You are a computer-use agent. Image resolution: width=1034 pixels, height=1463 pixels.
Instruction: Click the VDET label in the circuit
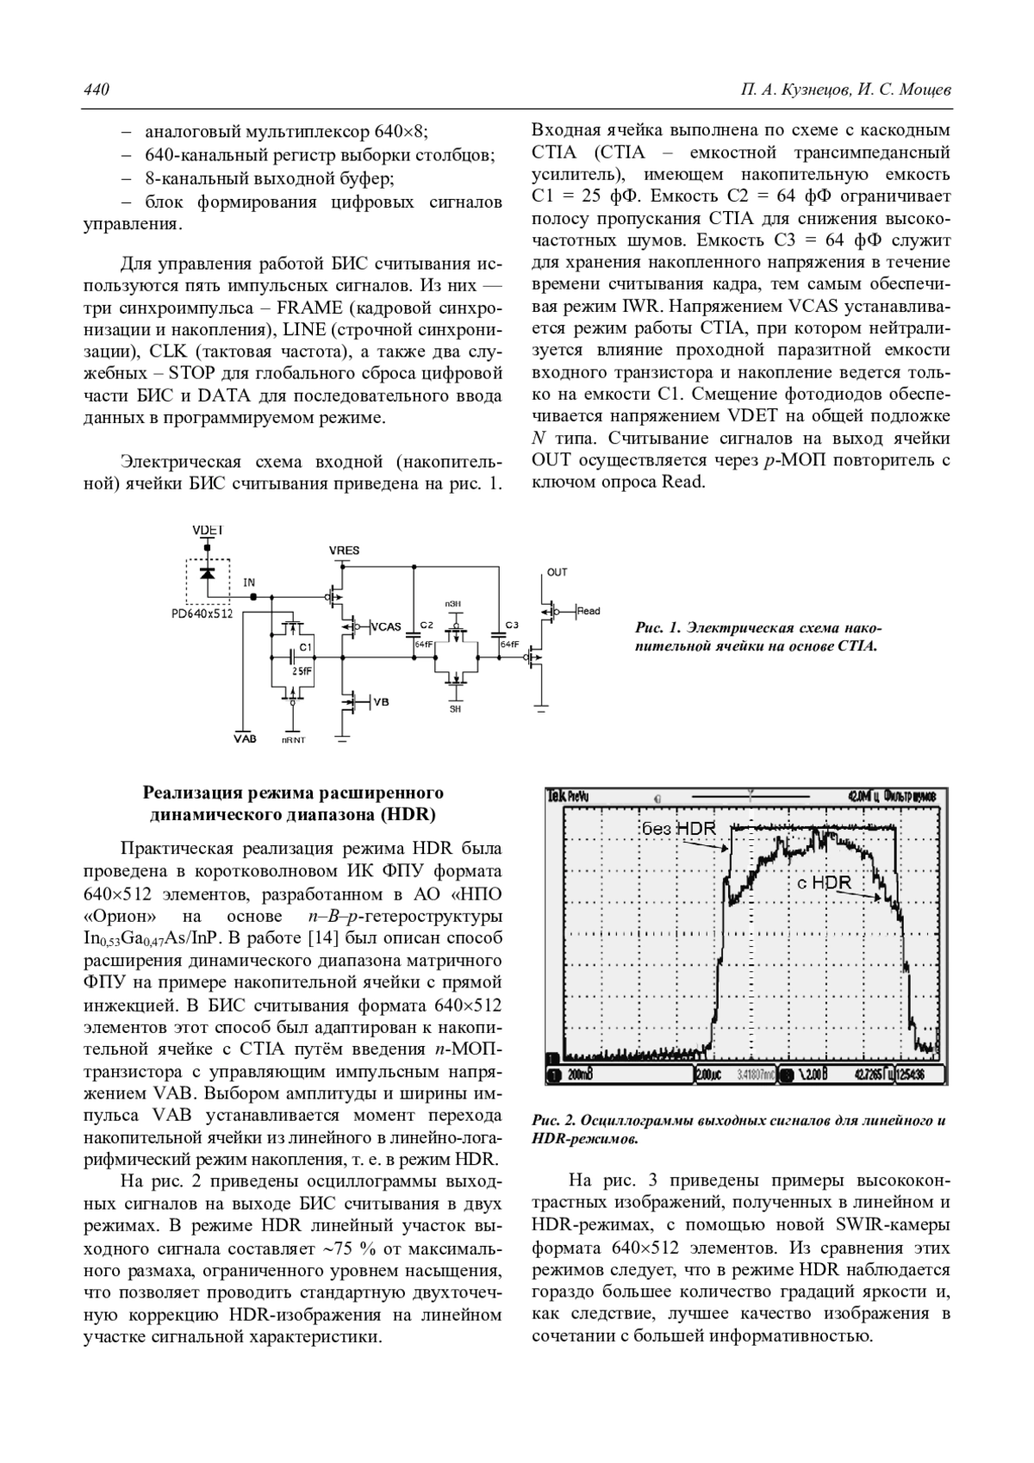click(x=207, y=530)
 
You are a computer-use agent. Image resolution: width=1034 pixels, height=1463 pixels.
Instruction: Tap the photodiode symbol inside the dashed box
click(x=207, y=574)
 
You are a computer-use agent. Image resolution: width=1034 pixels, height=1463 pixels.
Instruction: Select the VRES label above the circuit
click(x=344, y=551)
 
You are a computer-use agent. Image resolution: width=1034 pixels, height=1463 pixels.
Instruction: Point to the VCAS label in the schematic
click(x=386, y=626)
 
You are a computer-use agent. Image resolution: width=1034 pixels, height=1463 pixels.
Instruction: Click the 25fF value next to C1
click(x=302, y=669)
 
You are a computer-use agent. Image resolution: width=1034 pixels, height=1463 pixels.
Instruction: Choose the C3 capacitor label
click(x=512, y=625)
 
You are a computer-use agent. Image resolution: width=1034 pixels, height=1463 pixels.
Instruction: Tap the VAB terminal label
click(x=246, y=739)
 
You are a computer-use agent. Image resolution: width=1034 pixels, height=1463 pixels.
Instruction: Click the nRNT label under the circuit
click(x=294, y=740)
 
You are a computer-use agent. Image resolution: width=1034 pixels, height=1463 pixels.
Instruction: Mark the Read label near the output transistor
click(x=589, y=611)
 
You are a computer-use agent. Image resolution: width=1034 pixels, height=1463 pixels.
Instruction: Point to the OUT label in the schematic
click(x=557, y=572)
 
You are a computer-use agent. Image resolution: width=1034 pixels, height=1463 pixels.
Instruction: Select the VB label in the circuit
click(x=381, y=702)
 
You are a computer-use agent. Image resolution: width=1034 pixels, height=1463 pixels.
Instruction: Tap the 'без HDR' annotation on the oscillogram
click(x=679, y=828)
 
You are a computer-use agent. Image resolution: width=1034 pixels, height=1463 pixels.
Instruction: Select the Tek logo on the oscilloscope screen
click(x=557, y=797)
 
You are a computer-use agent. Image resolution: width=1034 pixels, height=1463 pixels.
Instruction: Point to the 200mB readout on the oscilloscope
click(x=578, y=1075)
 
